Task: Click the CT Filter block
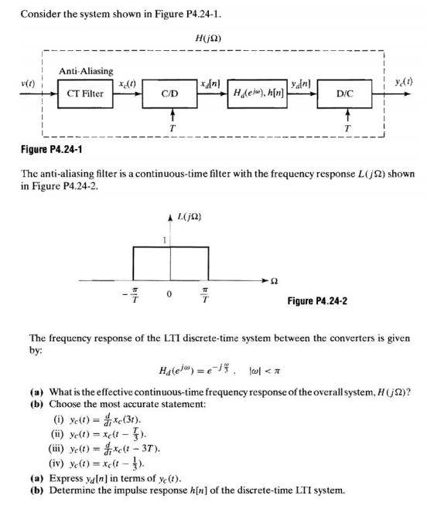click(x=80, y=93)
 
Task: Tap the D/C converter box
click(x=343, y=93)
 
